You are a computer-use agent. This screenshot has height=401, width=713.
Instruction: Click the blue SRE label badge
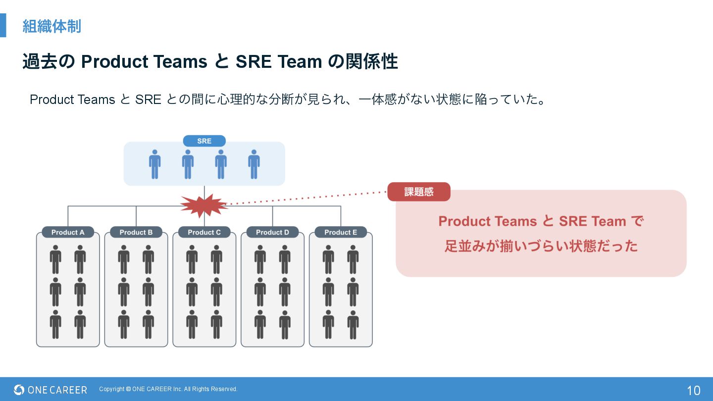point(204,141)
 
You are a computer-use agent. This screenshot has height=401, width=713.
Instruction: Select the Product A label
point(68,232)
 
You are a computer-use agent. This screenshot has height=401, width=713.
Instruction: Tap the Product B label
point(136,232)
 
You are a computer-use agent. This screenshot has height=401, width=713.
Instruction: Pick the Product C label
point(204,232)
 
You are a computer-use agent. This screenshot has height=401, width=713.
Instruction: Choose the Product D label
point(272,232)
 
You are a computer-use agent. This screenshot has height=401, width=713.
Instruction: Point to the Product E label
point(341,232)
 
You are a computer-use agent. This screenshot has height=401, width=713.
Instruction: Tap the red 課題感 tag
point(419,192)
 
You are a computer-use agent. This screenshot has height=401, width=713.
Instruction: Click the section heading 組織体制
point(51,26)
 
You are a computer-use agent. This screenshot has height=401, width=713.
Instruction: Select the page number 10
point(693,390)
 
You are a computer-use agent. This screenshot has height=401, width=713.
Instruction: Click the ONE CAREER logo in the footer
point(51,390)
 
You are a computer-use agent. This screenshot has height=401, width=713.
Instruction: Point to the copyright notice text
point(168,389)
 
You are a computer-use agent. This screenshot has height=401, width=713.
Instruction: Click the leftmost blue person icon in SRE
point(155,164)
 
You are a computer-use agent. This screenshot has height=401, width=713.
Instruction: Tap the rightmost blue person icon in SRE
point(254,164)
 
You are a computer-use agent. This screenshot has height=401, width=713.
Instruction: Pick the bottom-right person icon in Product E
point(353,324)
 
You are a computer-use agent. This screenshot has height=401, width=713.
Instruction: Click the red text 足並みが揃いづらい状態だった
point(541,246)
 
